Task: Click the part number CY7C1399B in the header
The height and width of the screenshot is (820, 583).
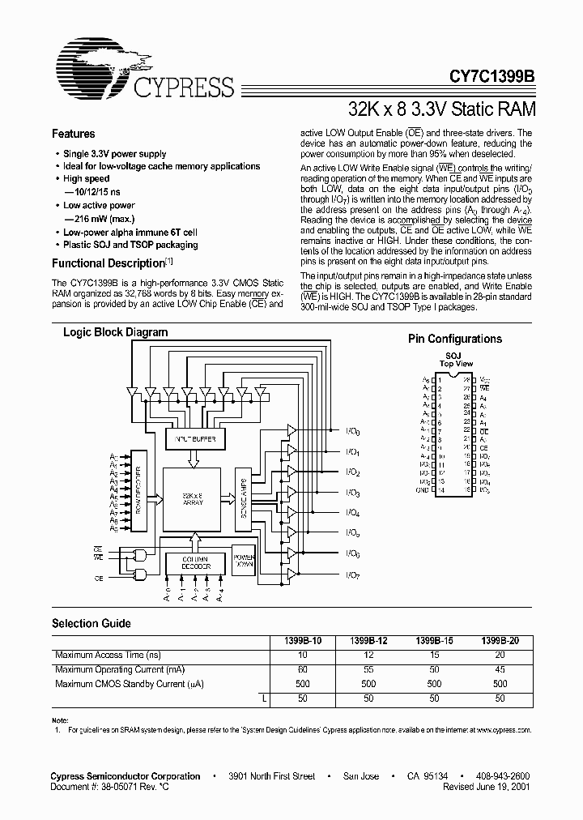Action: (492, 78)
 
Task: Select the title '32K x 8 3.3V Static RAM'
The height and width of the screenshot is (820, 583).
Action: (441, 108)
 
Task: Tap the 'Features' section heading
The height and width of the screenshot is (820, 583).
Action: (74, 135)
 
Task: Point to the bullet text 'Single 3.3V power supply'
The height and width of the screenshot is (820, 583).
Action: (114, 154)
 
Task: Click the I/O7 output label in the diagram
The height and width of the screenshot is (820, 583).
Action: (352, 576)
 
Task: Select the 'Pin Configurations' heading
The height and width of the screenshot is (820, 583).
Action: (454, 340)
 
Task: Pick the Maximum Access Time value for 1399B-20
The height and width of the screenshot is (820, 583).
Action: (500, 655)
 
